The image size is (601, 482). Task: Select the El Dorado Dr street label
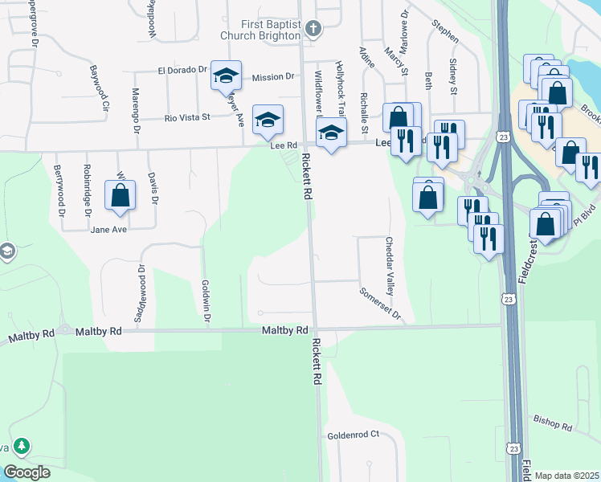click(182, 70)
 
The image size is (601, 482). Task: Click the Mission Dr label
click(273, 77)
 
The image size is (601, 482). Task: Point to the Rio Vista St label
click(186, 117)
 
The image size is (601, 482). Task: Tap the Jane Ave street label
click(108, 230)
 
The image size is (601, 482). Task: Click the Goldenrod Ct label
click(353, 435)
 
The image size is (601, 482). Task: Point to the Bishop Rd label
click(551, 423)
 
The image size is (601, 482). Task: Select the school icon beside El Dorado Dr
click(226, 76)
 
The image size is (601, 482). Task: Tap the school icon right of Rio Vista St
click(268, 120)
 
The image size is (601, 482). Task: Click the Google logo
click(27, 472)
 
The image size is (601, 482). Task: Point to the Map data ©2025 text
click(566, 476)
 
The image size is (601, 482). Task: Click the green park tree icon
click(22, 446)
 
